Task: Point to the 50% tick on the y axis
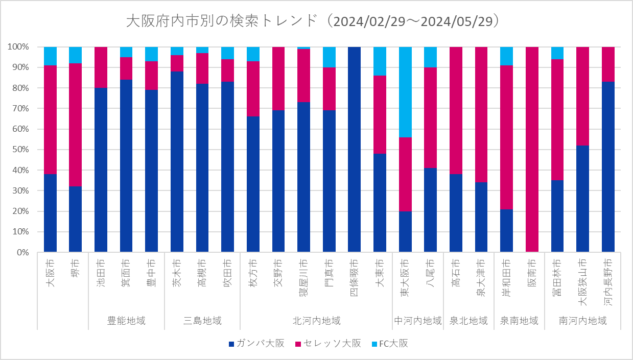[x=21, y=150]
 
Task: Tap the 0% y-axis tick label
[x=23, y=252]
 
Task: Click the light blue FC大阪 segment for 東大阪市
[x=405, y=92]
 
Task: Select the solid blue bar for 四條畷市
[x=354, y=150]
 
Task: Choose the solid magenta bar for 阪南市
[x=532, y=150]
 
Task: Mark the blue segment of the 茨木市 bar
[x=177, y=161]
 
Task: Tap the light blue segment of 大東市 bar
[x=380, y=61]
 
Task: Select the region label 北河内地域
[x=316, y=321]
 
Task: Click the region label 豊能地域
[x=126, y=321]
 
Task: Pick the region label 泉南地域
[x=519, y=321]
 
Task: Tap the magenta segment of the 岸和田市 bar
[x=506, y=137]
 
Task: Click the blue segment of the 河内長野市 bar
[x=608, y=167]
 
